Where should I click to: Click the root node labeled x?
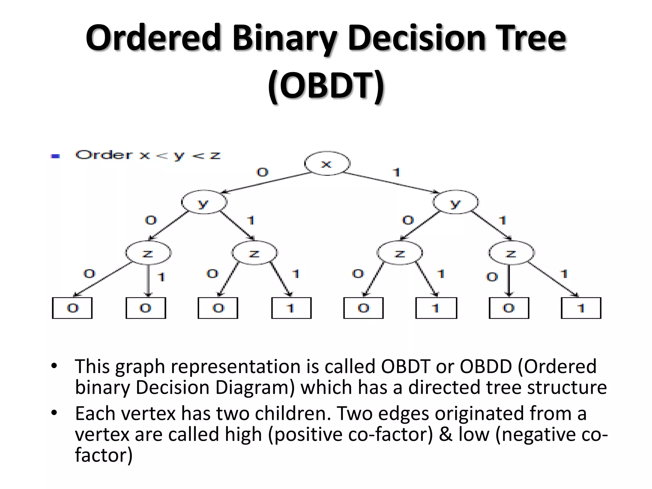[327, 164]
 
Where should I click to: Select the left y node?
[204, 202]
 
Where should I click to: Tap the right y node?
[456, 202]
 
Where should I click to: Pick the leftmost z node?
[148, 253]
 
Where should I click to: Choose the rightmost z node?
[512, 253]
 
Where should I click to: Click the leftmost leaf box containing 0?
[72, 308]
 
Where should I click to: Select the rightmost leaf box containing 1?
[581, 308]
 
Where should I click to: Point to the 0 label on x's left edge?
[262, 172]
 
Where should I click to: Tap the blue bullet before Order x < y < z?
[55, 156]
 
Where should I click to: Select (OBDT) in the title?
[326, 85]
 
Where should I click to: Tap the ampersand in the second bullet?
[445, 434]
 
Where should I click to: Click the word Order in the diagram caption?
[104, 155]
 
